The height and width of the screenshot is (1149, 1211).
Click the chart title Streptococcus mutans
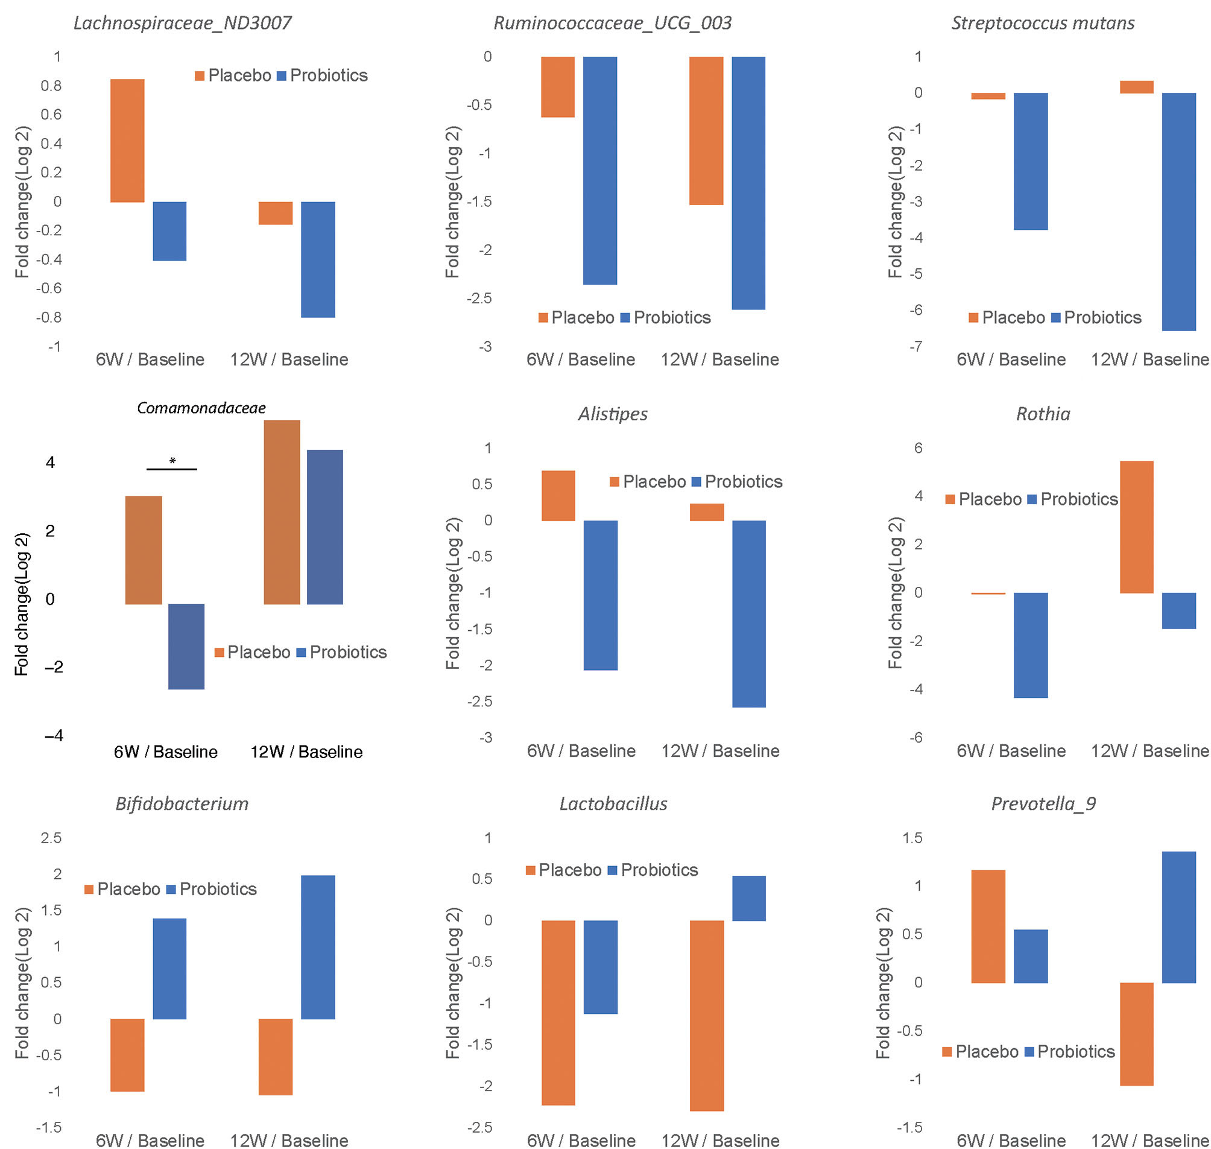pyautogui.click(x=1042, y=24)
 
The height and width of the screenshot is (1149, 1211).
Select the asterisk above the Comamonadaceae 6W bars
pyautogui.click(x=172, y=461)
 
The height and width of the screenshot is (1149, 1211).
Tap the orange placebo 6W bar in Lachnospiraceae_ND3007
pyautogui.click(x=127, y=141)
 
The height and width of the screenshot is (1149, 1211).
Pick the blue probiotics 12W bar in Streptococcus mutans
pyautogui.click(x=1178, y=211)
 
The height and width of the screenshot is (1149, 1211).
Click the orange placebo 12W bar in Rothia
pyautogui.click(x=1136, y=527)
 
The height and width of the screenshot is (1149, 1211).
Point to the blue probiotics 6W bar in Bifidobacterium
pyautogui.click(x=169, y=968)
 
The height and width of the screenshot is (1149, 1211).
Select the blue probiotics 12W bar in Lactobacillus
pyautogui.click(x=748, y=898)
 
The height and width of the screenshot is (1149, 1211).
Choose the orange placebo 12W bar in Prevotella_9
pyautogui.click(x=1136, y=1034)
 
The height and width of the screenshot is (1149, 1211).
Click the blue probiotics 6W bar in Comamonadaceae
pyautogui.click(x=186, y=646)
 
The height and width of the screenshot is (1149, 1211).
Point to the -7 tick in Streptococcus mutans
pyautogui.click(x=915, y=347)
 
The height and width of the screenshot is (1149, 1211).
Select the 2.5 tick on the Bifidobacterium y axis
pyautogui.click(x=51, y=838)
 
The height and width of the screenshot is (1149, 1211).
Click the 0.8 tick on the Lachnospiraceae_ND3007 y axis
pyautogui.click(x=51, y=86)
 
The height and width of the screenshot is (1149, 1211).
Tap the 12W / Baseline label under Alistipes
pyautogui.click(x=719, y=751)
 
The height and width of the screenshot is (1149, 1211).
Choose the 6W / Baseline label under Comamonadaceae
pyautogui.click(x=165, y=752)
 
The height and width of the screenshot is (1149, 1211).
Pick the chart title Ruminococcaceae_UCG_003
pyautogui.click(x=613, y=24)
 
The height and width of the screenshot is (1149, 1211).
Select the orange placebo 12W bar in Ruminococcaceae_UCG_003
pyautogui.click(x=706, y=130)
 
